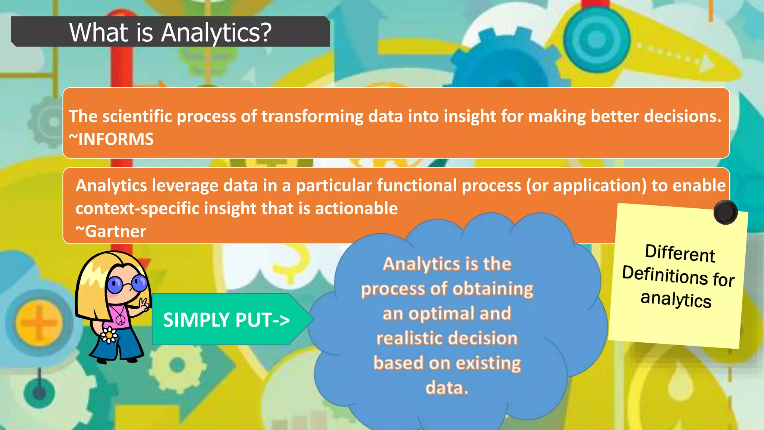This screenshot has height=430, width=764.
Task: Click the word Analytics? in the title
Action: coord(216,33)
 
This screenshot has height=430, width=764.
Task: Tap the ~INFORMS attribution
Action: coord(111,140)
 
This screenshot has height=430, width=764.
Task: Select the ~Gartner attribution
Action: coord(111,231)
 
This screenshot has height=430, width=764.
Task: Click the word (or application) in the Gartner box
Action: coord(586,186)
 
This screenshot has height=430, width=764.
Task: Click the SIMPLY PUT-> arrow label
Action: coord(226,320)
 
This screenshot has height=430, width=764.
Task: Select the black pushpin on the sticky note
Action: coord(725,212)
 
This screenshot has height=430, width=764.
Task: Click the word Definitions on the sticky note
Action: coord(665,275)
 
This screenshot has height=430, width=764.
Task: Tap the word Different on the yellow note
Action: coord(680,253)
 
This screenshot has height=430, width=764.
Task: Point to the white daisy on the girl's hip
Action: coord(109,335)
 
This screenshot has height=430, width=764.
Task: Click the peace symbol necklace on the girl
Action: coord(120,320)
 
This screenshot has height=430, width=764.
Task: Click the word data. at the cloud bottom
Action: coord(447,388)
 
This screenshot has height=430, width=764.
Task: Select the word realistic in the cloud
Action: coord(410,339)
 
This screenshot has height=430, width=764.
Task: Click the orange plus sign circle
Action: coord(39,322)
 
